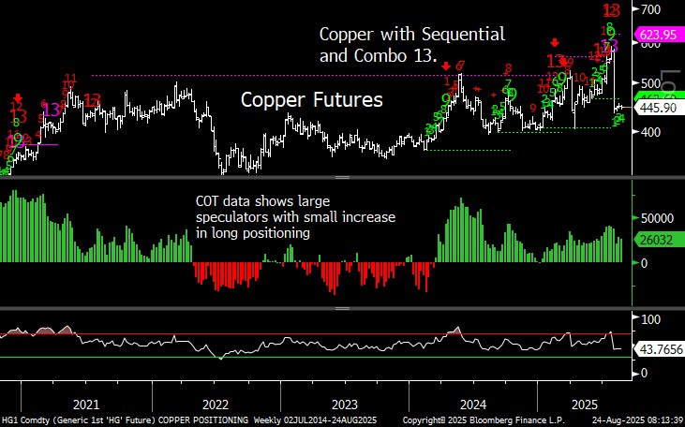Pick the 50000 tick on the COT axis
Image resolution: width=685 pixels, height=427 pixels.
coord(658,214)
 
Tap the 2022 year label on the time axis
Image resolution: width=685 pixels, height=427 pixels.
coord(215,405)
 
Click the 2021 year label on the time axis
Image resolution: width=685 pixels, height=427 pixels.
coord(85,405)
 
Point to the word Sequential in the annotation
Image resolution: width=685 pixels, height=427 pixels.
coord(462,35)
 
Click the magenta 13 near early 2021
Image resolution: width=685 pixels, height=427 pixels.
coord(52,110)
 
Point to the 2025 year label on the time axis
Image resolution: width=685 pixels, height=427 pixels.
coord(585,405)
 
